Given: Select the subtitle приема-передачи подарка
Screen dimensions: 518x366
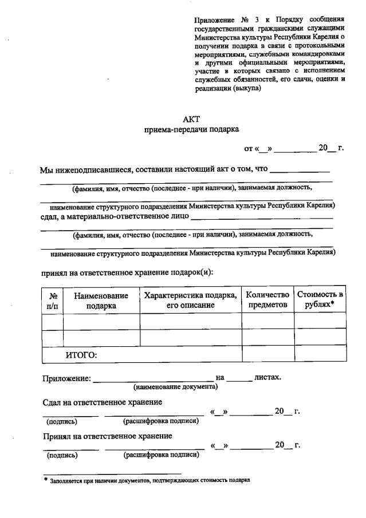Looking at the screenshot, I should point(191,130).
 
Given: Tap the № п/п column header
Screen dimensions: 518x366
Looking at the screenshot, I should point(53,300).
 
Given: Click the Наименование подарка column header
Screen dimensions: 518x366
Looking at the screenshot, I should point(101,300).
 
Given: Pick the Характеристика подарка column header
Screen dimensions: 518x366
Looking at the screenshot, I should point(191,300).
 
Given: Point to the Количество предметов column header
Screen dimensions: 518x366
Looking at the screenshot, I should point(267,300).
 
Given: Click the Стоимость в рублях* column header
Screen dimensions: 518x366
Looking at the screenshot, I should point(320,300).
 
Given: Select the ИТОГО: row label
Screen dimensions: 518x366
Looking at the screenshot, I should point(81,355).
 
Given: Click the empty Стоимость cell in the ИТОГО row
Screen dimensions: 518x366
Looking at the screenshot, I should point(320,354).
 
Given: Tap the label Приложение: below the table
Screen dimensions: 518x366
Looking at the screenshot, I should point(66,378).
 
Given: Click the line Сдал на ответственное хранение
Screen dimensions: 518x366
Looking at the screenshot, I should point(103,402).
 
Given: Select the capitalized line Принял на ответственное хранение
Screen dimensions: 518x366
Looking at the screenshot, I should point(108,436).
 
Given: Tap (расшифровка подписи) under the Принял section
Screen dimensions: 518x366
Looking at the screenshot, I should point(162,456).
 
